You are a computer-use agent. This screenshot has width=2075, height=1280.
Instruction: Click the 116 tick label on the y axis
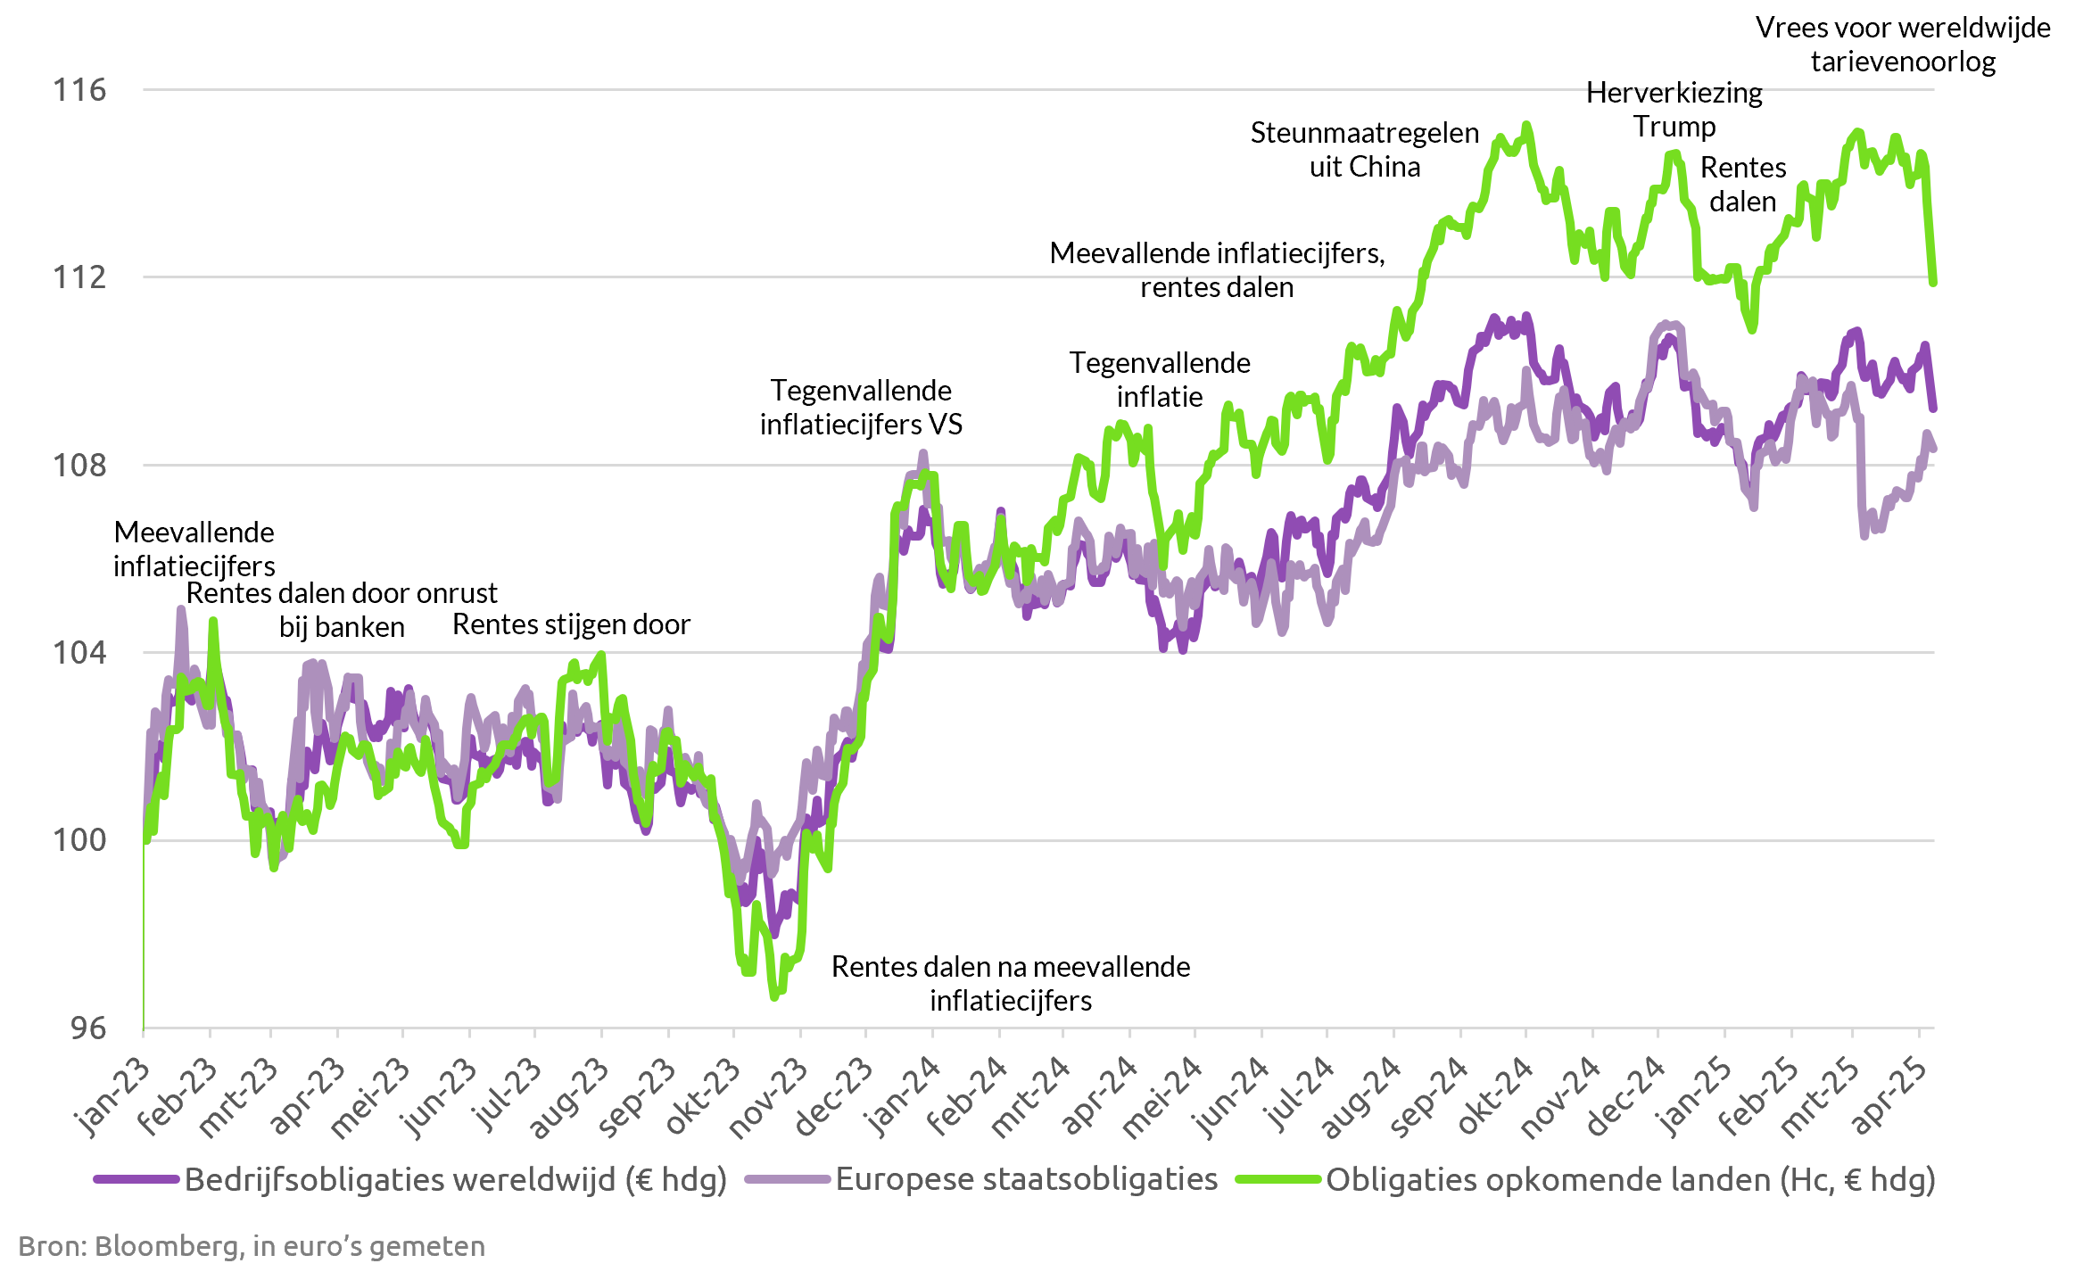pos(79,90)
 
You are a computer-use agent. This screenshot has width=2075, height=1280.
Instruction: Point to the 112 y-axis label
pos(79,277)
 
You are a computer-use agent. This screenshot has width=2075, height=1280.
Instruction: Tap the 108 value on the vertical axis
pos(79,466)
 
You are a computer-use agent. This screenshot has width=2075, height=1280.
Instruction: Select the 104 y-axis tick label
pos(79,653)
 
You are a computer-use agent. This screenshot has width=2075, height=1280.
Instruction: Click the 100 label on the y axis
pos(79,840)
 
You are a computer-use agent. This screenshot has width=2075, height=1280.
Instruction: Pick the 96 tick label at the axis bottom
pos(87,1028)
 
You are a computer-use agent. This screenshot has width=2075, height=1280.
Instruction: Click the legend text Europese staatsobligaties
pos(1026,1179)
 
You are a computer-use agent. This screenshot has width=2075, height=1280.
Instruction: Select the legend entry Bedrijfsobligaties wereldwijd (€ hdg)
pos(455,1179)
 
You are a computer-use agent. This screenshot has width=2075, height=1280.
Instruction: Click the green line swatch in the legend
pos(1277,1179)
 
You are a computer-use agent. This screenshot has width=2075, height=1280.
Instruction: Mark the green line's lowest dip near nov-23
pos(774,997)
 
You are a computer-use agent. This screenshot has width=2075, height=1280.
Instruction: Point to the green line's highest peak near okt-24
pos(1527,125)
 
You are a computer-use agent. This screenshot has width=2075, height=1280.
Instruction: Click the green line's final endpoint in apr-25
pos(1933,284)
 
